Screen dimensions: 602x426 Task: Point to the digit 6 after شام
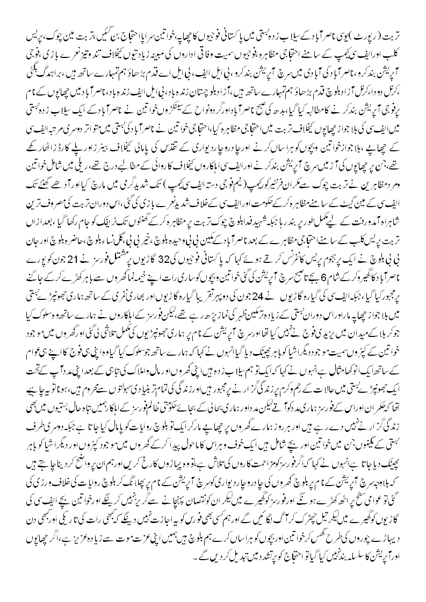pyautogui.click(x=311, y=313)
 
